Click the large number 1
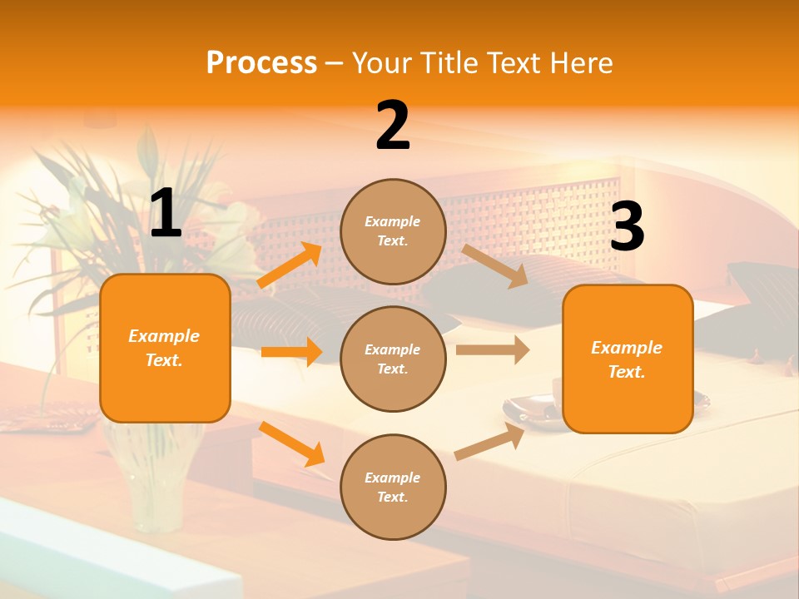click(x=166, y=214)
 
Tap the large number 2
click(x=393, y=126)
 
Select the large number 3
click(x=627, y=227)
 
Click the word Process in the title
click(x=261, y=62)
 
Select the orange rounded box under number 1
click(x=165, y=348)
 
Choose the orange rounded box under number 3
click(x=628, y=359)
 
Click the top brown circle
click(x=393, y=231)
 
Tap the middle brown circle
click(x=393, y=359)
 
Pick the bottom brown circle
click(x=393, y=487)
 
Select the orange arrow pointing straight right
click(x=291, y=352)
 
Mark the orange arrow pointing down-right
click(x=292, y=443)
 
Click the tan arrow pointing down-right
click(x=494, y=265)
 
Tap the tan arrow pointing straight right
click(x=493, y=350)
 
